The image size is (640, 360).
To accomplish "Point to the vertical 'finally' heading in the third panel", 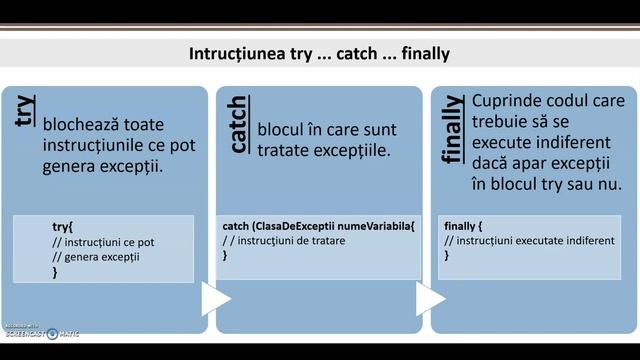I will pyautogui.click(x=452, y=130).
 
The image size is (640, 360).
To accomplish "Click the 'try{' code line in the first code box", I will pyautogui.click(x=62, y=227).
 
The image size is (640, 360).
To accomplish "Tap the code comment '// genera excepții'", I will pyautogui.click(x=95, y=256).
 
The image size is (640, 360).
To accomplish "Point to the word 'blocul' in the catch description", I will pyautogui.click(x=282, y=131).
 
